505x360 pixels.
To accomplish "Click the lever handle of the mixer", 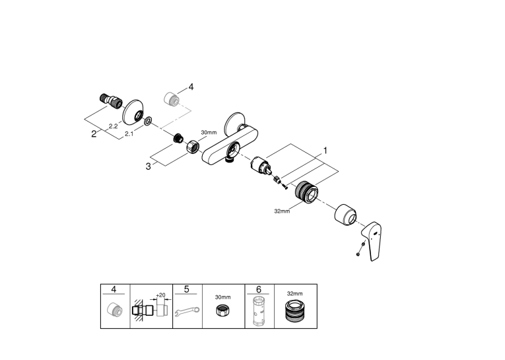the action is click(x=372, y=240).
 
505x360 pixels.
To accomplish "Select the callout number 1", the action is click(x=325, y=151).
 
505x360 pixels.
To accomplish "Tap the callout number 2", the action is click(x=94, y=133).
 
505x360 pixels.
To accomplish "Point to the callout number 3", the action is click(x=148, y=166).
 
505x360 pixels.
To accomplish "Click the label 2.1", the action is click(x=129, y=133).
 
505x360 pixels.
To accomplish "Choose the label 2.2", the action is click(x=113, y=126).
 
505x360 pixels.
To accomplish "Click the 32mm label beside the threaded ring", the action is click(x=282, y=211).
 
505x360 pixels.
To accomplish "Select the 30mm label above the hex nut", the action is click(x=209, y=132).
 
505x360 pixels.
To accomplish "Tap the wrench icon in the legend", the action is click(x=187, y=311).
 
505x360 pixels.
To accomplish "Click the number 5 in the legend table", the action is click(x=186, y=289).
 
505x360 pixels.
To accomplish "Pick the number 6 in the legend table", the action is click(x=259, y=289).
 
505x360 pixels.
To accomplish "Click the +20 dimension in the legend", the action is click(x=160, y=295).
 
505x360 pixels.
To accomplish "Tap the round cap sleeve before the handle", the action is click(x=345, y=215).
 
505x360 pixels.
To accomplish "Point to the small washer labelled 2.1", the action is click(x=148, y=121).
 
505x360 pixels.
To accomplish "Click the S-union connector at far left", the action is click(x=111, y=100).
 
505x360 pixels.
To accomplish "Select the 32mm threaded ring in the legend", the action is click(x=294, y=310).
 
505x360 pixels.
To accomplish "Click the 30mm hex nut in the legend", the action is click(x=222, y=310).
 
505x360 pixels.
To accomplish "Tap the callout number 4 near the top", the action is click(x=191, y=87).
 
